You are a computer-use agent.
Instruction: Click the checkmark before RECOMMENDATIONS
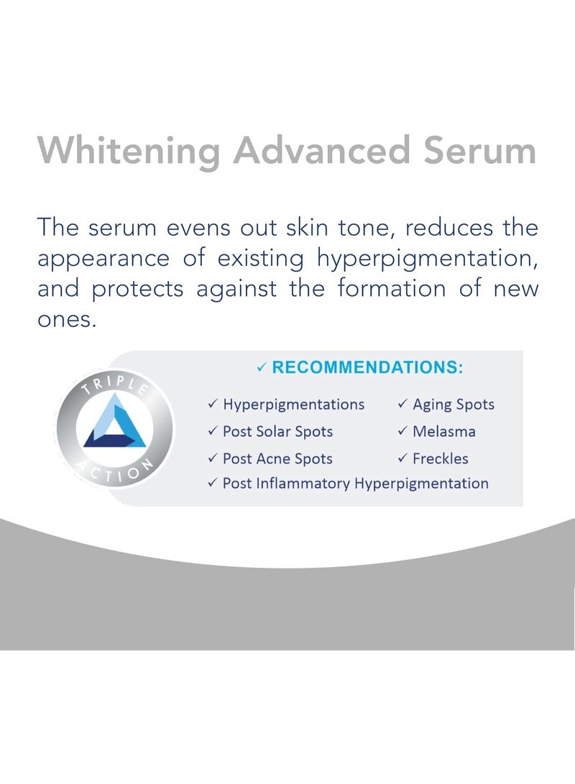coord(262,368)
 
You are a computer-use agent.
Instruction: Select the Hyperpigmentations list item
coord(293,405)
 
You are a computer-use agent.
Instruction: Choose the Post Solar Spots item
coord(277,432)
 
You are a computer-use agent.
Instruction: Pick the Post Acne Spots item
coord(277,458)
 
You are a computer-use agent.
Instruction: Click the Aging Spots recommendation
coord(453,405)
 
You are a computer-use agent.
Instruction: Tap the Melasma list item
coord(443,432)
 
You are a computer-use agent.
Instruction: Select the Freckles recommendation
coord(440,458)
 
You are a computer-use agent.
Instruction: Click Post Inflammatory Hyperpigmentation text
coord(355,484)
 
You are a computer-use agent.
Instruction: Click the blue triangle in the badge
coord(115,424)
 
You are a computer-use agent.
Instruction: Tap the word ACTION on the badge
coord(116,471)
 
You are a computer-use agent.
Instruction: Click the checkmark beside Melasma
coord(403,432)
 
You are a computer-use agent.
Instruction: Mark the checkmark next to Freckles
coord(403,458)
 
